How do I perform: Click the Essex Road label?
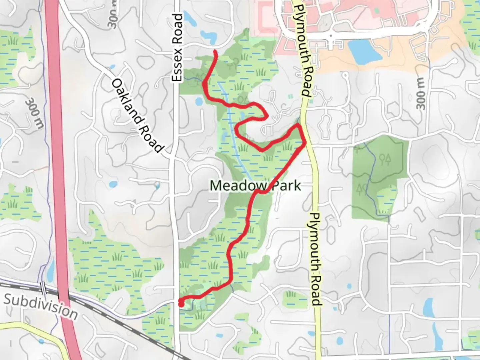[178, 47]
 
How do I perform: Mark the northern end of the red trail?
[215, 51]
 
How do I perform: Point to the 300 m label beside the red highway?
[35, 113]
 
